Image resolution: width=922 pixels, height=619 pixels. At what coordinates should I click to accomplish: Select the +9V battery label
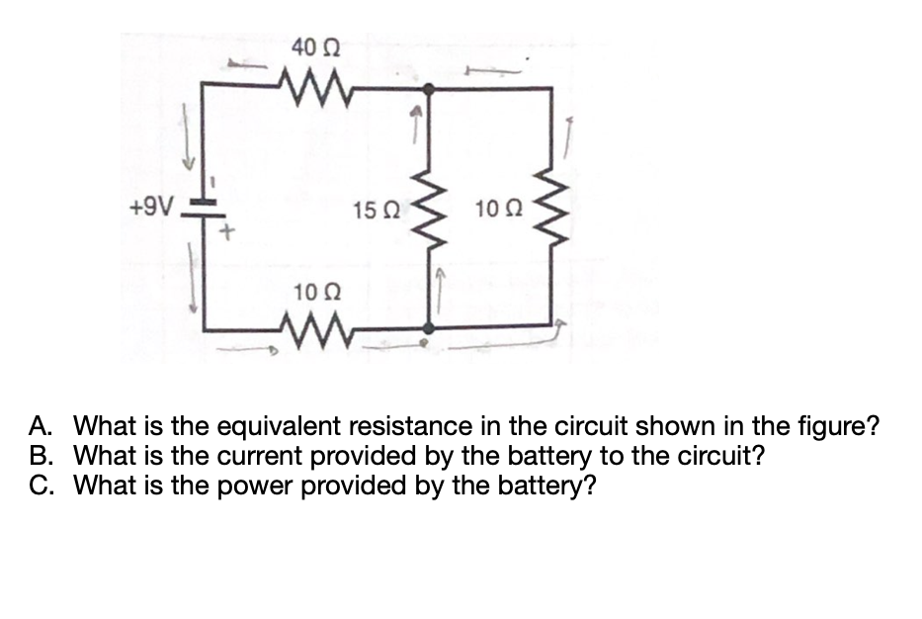coord(151,209)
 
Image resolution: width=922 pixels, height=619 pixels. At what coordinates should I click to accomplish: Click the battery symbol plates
coord(203,209)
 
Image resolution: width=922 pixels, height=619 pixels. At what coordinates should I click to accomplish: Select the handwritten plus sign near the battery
coord(226,234)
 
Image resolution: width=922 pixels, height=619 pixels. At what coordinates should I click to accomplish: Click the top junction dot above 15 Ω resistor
coord(428,89)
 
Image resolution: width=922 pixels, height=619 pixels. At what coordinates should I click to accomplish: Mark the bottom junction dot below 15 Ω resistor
coord(428,327)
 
